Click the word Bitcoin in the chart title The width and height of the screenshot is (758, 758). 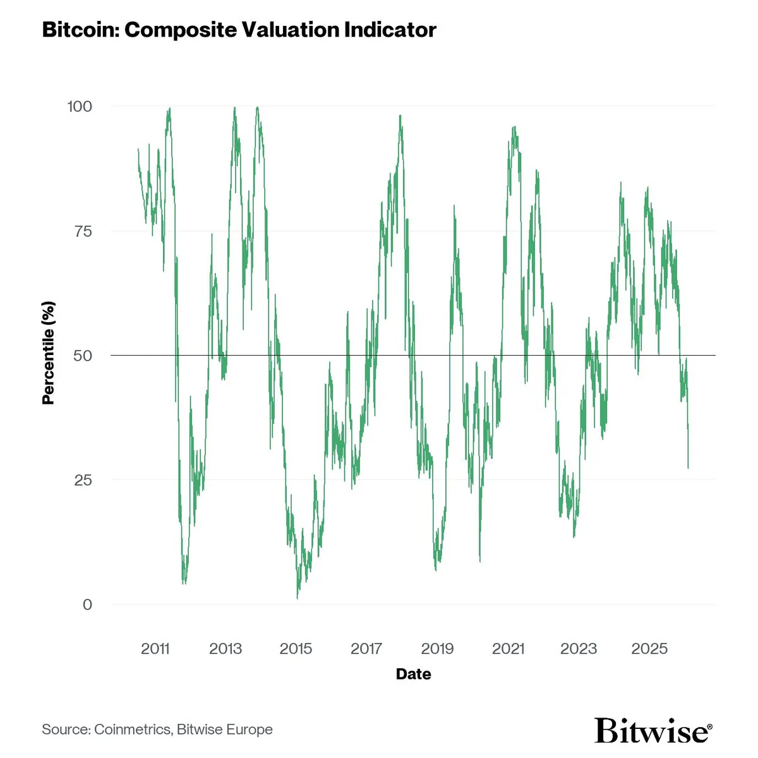point(80,30)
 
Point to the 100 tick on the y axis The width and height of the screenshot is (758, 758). point(80,106)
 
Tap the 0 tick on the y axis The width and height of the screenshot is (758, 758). point(87,605)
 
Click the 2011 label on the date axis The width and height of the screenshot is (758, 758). point(155,649)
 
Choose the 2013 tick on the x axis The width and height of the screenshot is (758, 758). point(226,649)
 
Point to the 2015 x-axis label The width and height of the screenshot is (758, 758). point(296,649)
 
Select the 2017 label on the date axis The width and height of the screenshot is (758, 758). point(366,649)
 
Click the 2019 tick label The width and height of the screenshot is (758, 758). point(437,649)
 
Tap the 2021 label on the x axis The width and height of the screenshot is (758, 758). point(508,649)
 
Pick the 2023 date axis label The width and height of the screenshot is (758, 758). point(579,649)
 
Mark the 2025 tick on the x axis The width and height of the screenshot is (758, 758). point(649,649)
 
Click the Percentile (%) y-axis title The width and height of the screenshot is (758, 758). point(49,352)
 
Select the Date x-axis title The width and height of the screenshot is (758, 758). point(413,674)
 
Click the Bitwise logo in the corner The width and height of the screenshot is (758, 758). point(653,730)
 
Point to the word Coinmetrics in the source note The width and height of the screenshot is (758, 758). point(132,730)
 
